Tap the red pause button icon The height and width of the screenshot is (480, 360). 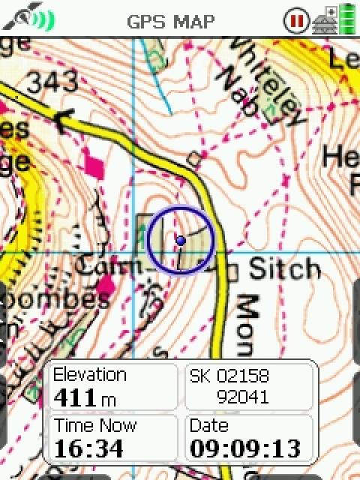point(296,20)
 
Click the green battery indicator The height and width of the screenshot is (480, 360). point(347,19)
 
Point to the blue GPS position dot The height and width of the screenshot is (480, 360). point(180,240)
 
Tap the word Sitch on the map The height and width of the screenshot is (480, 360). point(284,268)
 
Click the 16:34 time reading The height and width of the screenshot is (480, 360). point(85,448)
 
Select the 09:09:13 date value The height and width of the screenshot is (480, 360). point(245,448)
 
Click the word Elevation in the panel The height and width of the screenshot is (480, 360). point(90,375)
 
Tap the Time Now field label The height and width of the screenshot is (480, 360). point(95,426)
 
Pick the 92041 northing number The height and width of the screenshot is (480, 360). point(241,397)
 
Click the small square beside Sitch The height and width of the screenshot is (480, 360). point(232,270)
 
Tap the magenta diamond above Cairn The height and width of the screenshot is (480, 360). point(94,162)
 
